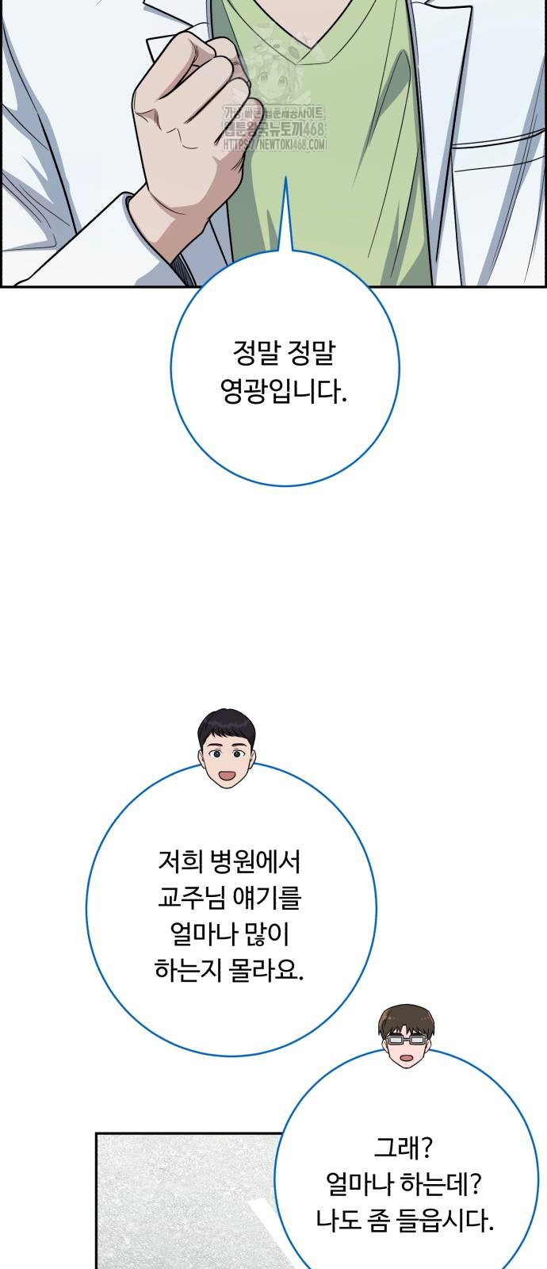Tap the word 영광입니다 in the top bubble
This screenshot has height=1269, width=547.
pos(285,392)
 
